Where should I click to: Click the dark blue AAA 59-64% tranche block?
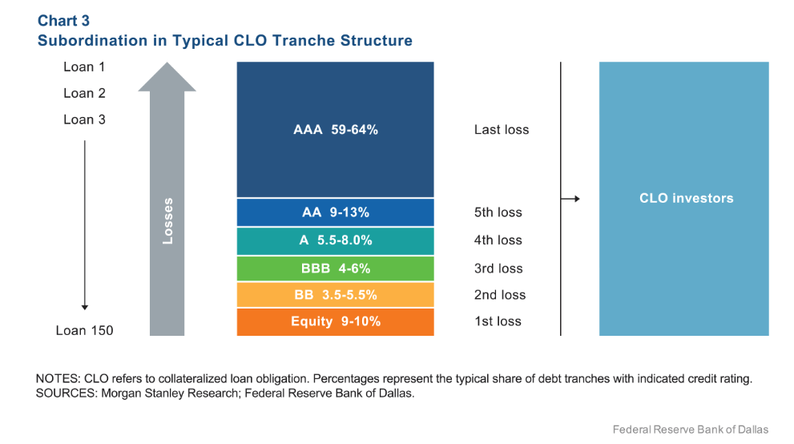335,130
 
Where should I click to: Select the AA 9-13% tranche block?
335,212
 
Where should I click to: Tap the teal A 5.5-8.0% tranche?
335,240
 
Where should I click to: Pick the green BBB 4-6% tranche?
335,268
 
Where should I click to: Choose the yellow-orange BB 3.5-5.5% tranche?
335,295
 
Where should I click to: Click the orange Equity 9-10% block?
335,321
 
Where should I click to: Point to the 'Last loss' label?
502,130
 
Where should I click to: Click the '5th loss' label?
498,212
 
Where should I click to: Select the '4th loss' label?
498,240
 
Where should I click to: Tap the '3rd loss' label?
498,268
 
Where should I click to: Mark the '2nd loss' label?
500,295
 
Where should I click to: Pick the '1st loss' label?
498,321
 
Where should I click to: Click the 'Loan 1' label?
84,67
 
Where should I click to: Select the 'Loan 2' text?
84,94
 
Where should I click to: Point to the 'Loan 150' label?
84,330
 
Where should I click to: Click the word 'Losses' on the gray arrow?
167,220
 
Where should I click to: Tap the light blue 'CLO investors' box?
683,198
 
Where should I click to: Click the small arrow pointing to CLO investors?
570,198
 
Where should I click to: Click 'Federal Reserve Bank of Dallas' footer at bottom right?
691,430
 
